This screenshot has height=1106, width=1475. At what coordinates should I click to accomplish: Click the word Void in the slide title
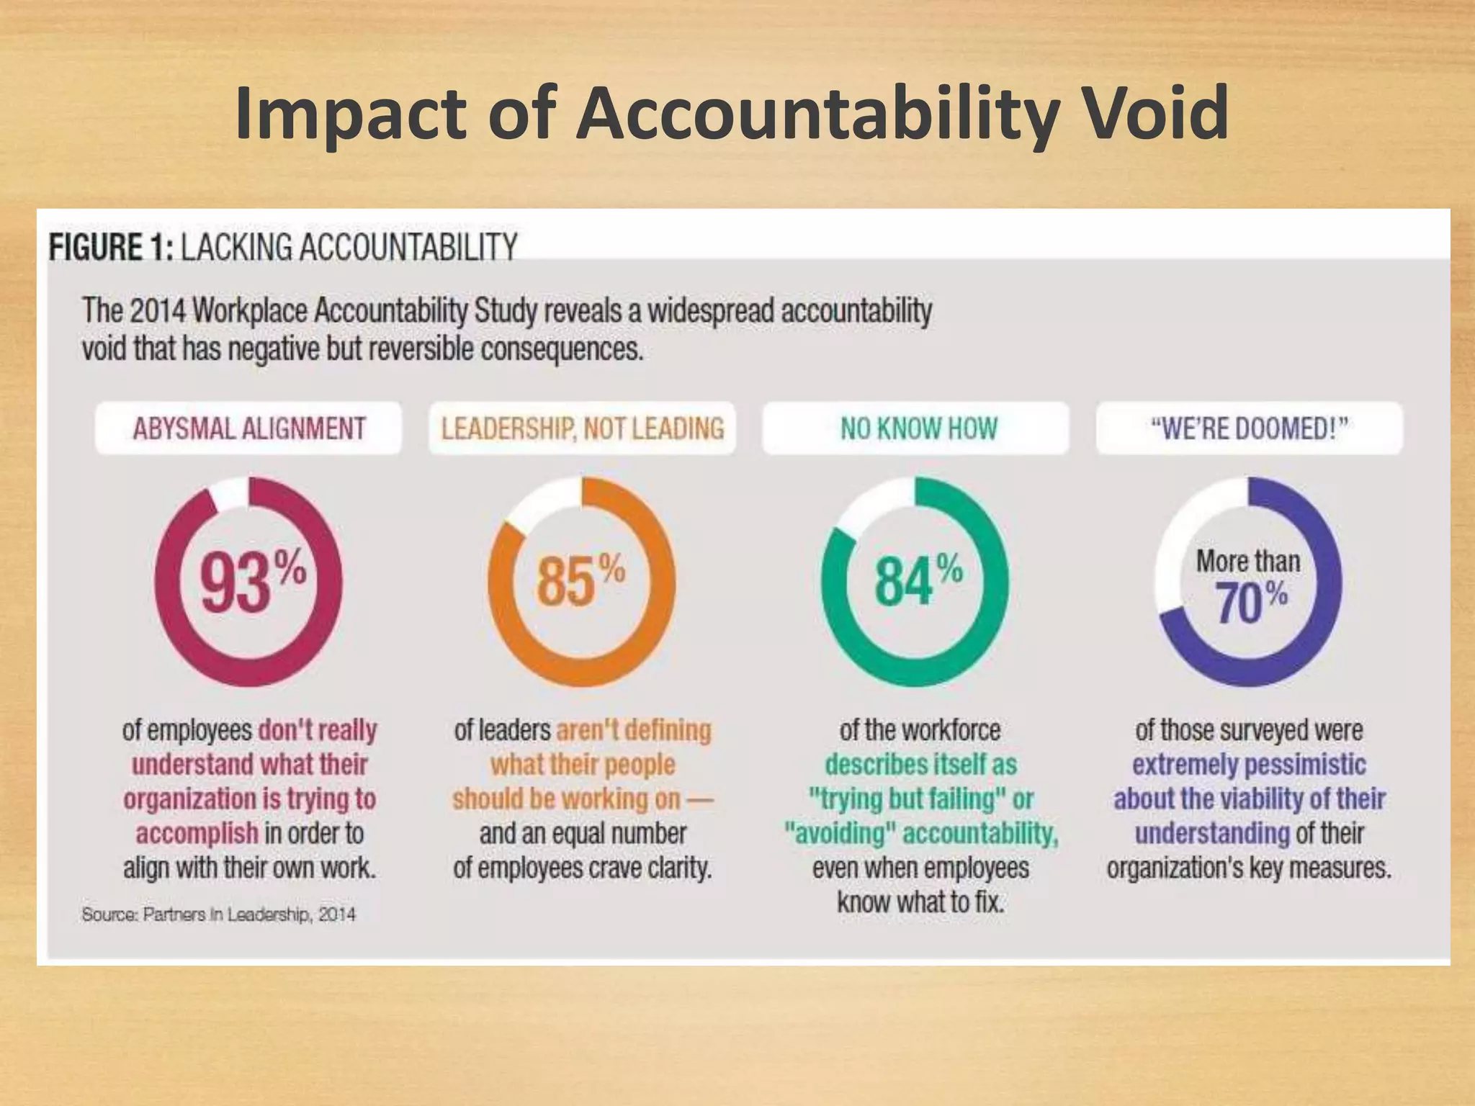click(1157, 114)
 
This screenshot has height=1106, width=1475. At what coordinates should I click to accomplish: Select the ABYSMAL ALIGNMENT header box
click(248, 428)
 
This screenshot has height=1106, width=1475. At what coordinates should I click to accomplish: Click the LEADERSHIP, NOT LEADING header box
click(582, 428)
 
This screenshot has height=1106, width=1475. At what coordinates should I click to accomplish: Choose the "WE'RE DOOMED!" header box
click(1249, 428)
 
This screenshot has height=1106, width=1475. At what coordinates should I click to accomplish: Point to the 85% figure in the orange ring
click(580, 580)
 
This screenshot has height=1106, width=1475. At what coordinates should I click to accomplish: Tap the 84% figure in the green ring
click(916, 580)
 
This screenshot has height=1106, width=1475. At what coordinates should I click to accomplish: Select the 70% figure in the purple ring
click(1250, 602)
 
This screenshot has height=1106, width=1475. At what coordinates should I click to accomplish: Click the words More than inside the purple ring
click(1248, 561)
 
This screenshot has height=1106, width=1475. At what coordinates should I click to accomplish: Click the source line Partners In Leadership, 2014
click(219, 914)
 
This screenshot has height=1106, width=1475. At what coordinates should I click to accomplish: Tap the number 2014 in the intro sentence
click(158, 311)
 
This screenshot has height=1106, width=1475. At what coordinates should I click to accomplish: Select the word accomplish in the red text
click(197, 833)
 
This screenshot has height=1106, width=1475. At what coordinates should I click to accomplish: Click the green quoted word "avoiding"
click(840, 833)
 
